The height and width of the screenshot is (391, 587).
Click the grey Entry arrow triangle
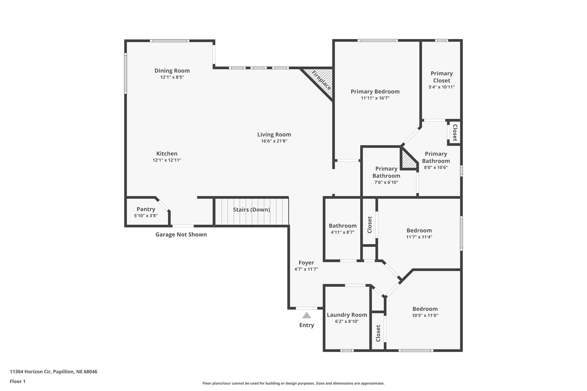(x=306, y=316)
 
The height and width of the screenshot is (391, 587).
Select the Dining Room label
(x=172, y=70)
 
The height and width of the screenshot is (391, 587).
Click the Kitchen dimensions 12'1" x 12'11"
(x=167, y=160)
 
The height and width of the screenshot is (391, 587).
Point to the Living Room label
(x=274, y=134)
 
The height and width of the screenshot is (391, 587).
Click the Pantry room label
(x=146, y=209)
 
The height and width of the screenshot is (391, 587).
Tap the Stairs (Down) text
(x=251, y=210)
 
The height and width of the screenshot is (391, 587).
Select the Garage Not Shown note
(x=181, y=235)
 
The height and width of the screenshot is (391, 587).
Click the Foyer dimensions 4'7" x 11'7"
(x=306, y=269)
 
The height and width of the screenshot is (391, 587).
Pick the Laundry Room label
(x=347, y=315)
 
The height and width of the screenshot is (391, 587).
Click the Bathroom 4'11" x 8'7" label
(x=343, y=226)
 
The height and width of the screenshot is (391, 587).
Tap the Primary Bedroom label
(x=375, y=91)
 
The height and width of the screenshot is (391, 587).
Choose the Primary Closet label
(x=441, y=77)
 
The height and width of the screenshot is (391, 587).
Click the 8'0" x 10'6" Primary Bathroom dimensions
(x=436, y=168)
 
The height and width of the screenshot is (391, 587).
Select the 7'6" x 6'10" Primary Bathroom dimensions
(x=386, y=182)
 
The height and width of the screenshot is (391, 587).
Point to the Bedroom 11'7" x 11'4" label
(x=419, y=230)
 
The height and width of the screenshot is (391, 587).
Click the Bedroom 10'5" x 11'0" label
(x=425, y=309)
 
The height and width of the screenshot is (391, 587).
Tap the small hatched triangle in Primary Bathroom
(x=407, y=162)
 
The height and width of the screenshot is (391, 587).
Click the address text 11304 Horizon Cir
(x=53, y=372)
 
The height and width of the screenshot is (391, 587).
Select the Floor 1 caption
(x=17, y=381)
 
